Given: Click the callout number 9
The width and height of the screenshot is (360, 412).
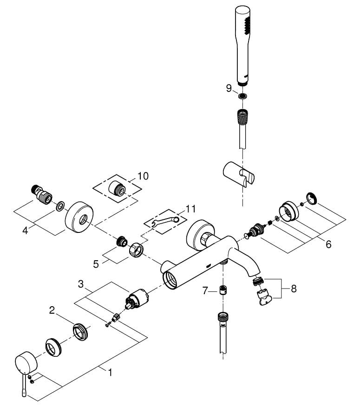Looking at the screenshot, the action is pyautogui.click(x=229, y=88).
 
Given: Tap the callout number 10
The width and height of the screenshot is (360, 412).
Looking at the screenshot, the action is pyautogui.click(x=143, y=176).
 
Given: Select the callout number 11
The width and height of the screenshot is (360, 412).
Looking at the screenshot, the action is pyautogui.click(x=190, y=209).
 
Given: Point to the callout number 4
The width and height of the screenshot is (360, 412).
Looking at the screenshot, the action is pyautogui.click(x=25, y=231).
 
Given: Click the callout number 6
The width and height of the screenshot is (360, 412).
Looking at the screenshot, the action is pyautogui.click(x=328, y=245).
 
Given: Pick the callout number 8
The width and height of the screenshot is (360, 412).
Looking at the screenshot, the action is pyautogui.click(x=294, y=289).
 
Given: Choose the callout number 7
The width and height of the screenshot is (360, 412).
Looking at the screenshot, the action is pyautogui.click(x=205, y=290).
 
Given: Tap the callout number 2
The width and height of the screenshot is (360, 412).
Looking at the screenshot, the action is pyautogui.click(x=52, y=310).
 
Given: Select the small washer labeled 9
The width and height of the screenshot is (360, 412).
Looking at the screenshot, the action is pyautogui.click(x=242, y=96).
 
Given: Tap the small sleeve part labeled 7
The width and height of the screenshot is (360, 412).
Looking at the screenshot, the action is pyautogui.click(x=223, y=290).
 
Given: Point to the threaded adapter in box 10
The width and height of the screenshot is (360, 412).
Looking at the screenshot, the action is pyautogui.click(x=118, y=188).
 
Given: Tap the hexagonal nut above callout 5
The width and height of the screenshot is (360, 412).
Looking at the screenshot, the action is pyautogui.click(x=136, y=250).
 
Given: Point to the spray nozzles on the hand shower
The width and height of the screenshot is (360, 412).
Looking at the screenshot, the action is pyautogui.click(x=247, y=25).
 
